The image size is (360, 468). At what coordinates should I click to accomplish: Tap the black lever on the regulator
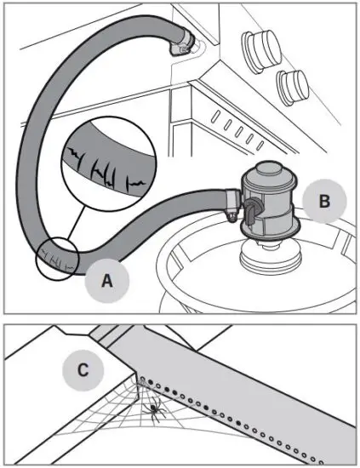click(x=252, y=217)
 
